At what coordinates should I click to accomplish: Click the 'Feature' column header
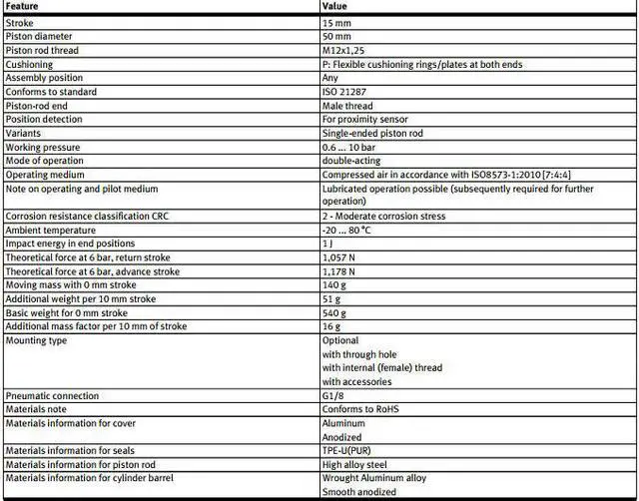(x=23, y=6)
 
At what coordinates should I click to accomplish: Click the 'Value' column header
(x=334, y=6)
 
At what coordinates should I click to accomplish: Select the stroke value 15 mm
(x=336, y=22)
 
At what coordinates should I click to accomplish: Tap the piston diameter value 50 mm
(x=337, y=36)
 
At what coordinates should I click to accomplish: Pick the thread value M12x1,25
(x=345, y=50)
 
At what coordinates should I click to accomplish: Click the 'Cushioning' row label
(x=30, y=64)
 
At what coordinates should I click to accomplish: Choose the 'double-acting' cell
(x=350, y=160)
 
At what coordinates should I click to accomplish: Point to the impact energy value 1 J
(x=327, y=243)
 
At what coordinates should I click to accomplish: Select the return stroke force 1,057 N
(x=340, y=256)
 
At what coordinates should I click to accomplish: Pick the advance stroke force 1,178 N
(x=340, y=270)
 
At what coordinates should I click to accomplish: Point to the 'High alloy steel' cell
(x=353, y=464)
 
